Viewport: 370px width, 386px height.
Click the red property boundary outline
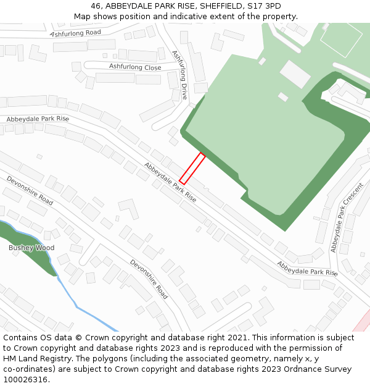click(192, 168)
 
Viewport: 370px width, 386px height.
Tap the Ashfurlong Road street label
click(76, 33)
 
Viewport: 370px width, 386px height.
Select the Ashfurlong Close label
click(135, 67)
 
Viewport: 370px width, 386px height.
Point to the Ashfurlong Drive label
click(179, 75)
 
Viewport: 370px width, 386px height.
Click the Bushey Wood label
click(31, 248)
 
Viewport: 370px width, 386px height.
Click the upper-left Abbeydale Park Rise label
click(38, 119)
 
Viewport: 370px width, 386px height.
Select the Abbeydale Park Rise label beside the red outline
click(170, 183)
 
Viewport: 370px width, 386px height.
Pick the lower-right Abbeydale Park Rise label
click(307, 268)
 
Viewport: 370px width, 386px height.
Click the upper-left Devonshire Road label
click(30, 190)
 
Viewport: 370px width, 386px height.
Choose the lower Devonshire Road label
click(149, 279)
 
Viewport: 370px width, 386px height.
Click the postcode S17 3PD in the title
click(264, 6)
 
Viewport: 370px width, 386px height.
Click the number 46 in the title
click(96, 6)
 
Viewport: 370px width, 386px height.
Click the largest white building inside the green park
click(295, 73)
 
